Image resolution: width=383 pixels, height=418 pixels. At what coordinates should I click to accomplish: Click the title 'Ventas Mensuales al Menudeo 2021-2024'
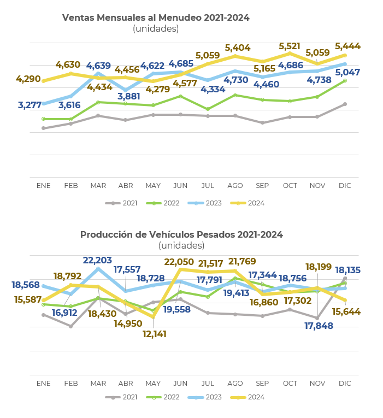(156, 17)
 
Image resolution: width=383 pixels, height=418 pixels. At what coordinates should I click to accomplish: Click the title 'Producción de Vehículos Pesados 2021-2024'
(181, 234)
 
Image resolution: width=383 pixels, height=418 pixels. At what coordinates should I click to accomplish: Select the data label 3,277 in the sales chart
(30, 105)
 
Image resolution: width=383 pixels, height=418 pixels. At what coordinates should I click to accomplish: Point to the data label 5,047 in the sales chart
(347, 72)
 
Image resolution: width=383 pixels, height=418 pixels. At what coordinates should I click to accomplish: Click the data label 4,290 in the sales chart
(28, 79)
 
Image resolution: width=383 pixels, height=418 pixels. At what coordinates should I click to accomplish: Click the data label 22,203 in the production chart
(97, 260)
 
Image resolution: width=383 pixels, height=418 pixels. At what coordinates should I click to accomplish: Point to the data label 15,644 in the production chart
(346, 311)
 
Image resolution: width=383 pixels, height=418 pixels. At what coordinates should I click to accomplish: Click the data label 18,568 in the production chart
(26, 285)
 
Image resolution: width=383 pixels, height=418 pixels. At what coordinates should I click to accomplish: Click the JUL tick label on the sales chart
(208, 186)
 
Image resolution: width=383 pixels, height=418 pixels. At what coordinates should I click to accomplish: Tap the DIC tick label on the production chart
(345, 384)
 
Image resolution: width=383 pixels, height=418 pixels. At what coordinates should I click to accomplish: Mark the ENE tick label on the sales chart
(44, 186)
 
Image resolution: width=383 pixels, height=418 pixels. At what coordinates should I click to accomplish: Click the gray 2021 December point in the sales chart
(345, 104)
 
